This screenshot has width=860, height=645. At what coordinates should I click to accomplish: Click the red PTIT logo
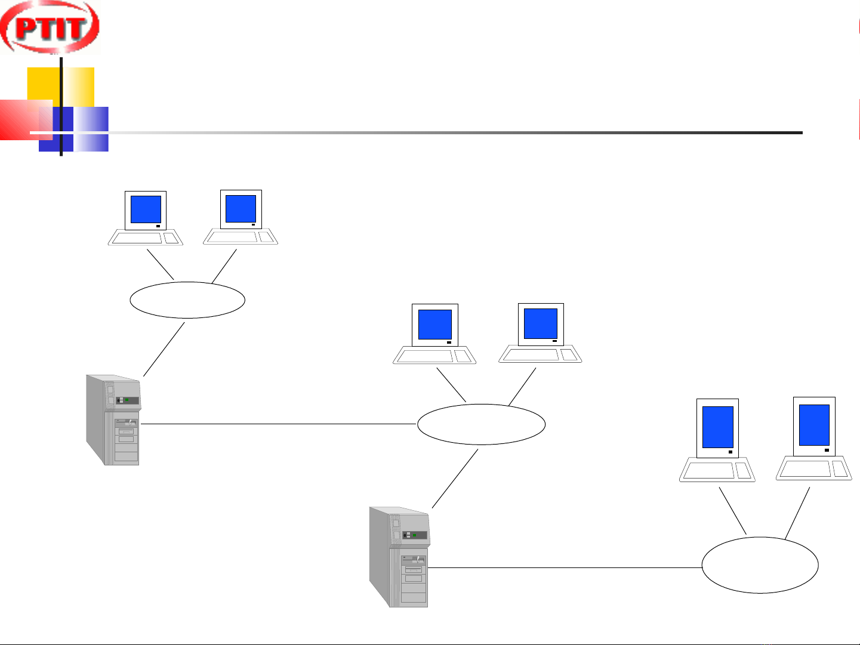click(50, 27)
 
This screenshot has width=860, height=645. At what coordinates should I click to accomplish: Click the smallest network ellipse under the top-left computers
click(187, 300)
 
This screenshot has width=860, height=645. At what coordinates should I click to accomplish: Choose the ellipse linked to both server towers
click(481, 424)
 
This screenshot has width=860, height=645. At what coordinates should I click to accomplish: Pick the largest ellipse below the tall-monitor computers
click(760, 565)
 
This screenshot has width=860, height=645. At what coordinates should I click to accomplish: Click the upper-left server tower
click(113, 421)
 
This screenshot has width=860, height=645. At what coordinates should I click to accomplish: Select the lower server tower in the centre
click(399, 557)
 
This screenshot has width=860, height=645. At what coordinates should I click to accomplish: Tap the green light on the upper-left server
click(127, 399)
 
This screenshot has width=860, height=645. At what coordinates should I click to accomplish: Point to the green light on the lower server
click(414, 535)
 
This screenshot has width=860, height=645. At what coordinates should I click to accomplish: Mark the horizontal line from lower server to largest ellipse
click(564, 567)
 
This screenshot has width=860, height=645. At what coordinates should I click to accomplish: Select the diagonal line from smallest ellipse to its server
click(164, 350)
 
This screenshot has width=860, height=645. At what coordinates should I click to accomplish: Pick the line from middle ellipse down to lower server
click(455, 479)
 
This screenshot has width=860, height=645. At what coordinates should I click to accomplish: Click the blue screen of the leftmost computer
click(146, 209)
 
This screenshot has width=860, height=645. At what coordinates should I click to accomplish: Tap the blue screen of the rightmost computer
click(814, 425)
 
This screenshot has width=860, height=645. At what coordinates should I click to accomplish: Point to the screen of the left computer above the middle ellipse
click(435, 325)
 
